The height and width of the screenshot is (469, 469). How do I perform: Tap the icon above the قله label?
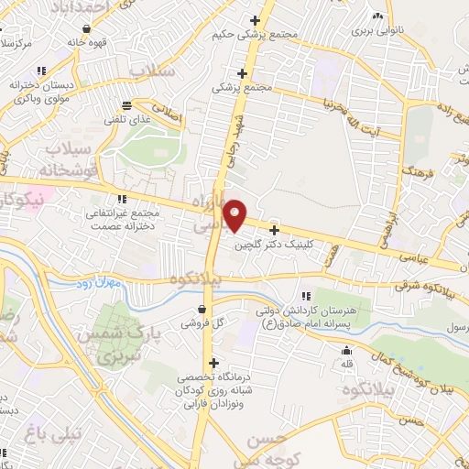tap(346, 350)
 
